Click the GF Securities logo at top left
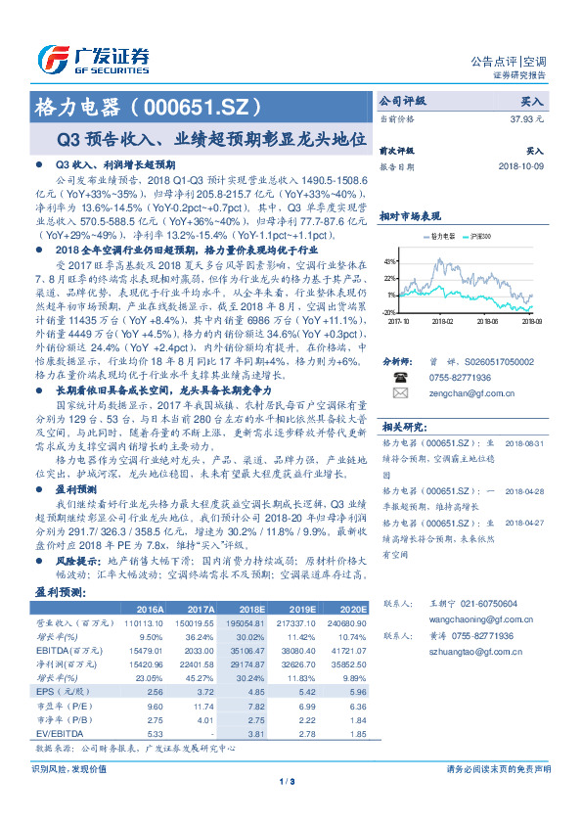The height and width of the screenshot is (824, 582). [x=92, y=58]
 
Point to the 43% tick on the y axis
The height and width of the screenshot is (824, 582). [x=391, y=262]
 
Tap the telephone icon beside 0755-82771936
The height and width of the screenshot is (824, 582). [x=399, y=376]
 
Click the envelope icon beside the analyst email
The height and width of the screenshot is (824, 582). [x=399, y=392]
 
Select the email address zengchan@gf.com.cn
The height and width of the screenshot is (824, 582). [x=455, y=392]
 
